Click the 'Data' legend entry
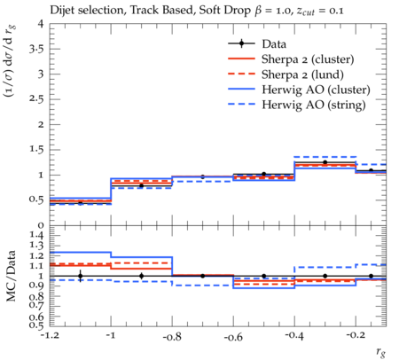pyautogui.click(x=274, y=44)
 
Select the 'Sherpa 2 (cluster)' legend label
pyautogui.click(x=308, y=59)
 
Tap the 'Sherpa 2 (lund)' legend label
pyautogui.click(x=302, y=74)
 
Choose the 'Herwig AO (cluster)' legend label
pyautogui.click(x=316, y=90)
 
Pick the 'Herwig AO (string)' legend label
pyautogui.click(x=314, y=105)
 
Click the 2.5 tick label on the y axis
pyautogui.click(x=36, y=99)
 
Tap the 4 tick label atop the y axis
pyautogui.click(x=41, y=24)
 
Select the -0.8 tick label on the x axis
pyautogui.click(x=172, y=337)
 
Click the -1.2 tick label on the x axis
pyautogui.click(x=50, y=337)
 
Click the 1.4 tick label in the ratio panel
pyautogui.click(x=36, y=236)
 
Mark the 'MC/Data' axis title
pyautogui.click(x=12, y=276)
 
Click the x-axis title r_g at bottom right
pyautogui.click(x=381, y=351)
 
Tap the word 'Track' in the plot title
pyautogui.click(x=142, y=11)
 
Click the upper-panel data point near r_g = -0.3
pyautogui.click(x=325, y=162)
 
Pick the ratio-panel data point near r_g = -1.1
pyautogui.click(x=80, y=276)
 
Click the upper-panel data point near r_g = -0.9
pyautogui.click(x=141, y=186)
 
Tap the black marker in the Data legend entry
pyautogui.click(x=241, y=43)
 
